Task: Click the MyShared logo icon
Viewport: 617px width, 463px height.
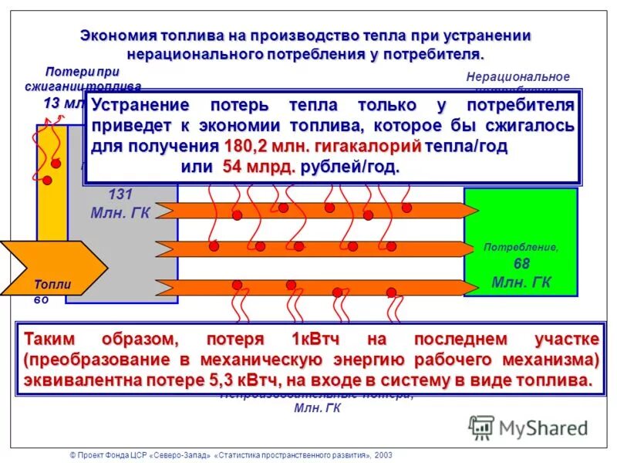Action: (481, 427)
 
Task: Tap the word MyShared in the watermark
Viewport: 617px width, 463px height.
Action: (543, 428)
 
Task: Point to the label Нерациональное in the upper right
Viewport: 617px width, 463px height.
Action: (518, 76)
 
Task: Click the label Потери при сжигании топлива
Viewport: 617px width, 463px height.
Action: (83, 79)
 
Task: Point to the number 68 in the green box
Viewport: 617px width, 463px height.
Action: (521, 264)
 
